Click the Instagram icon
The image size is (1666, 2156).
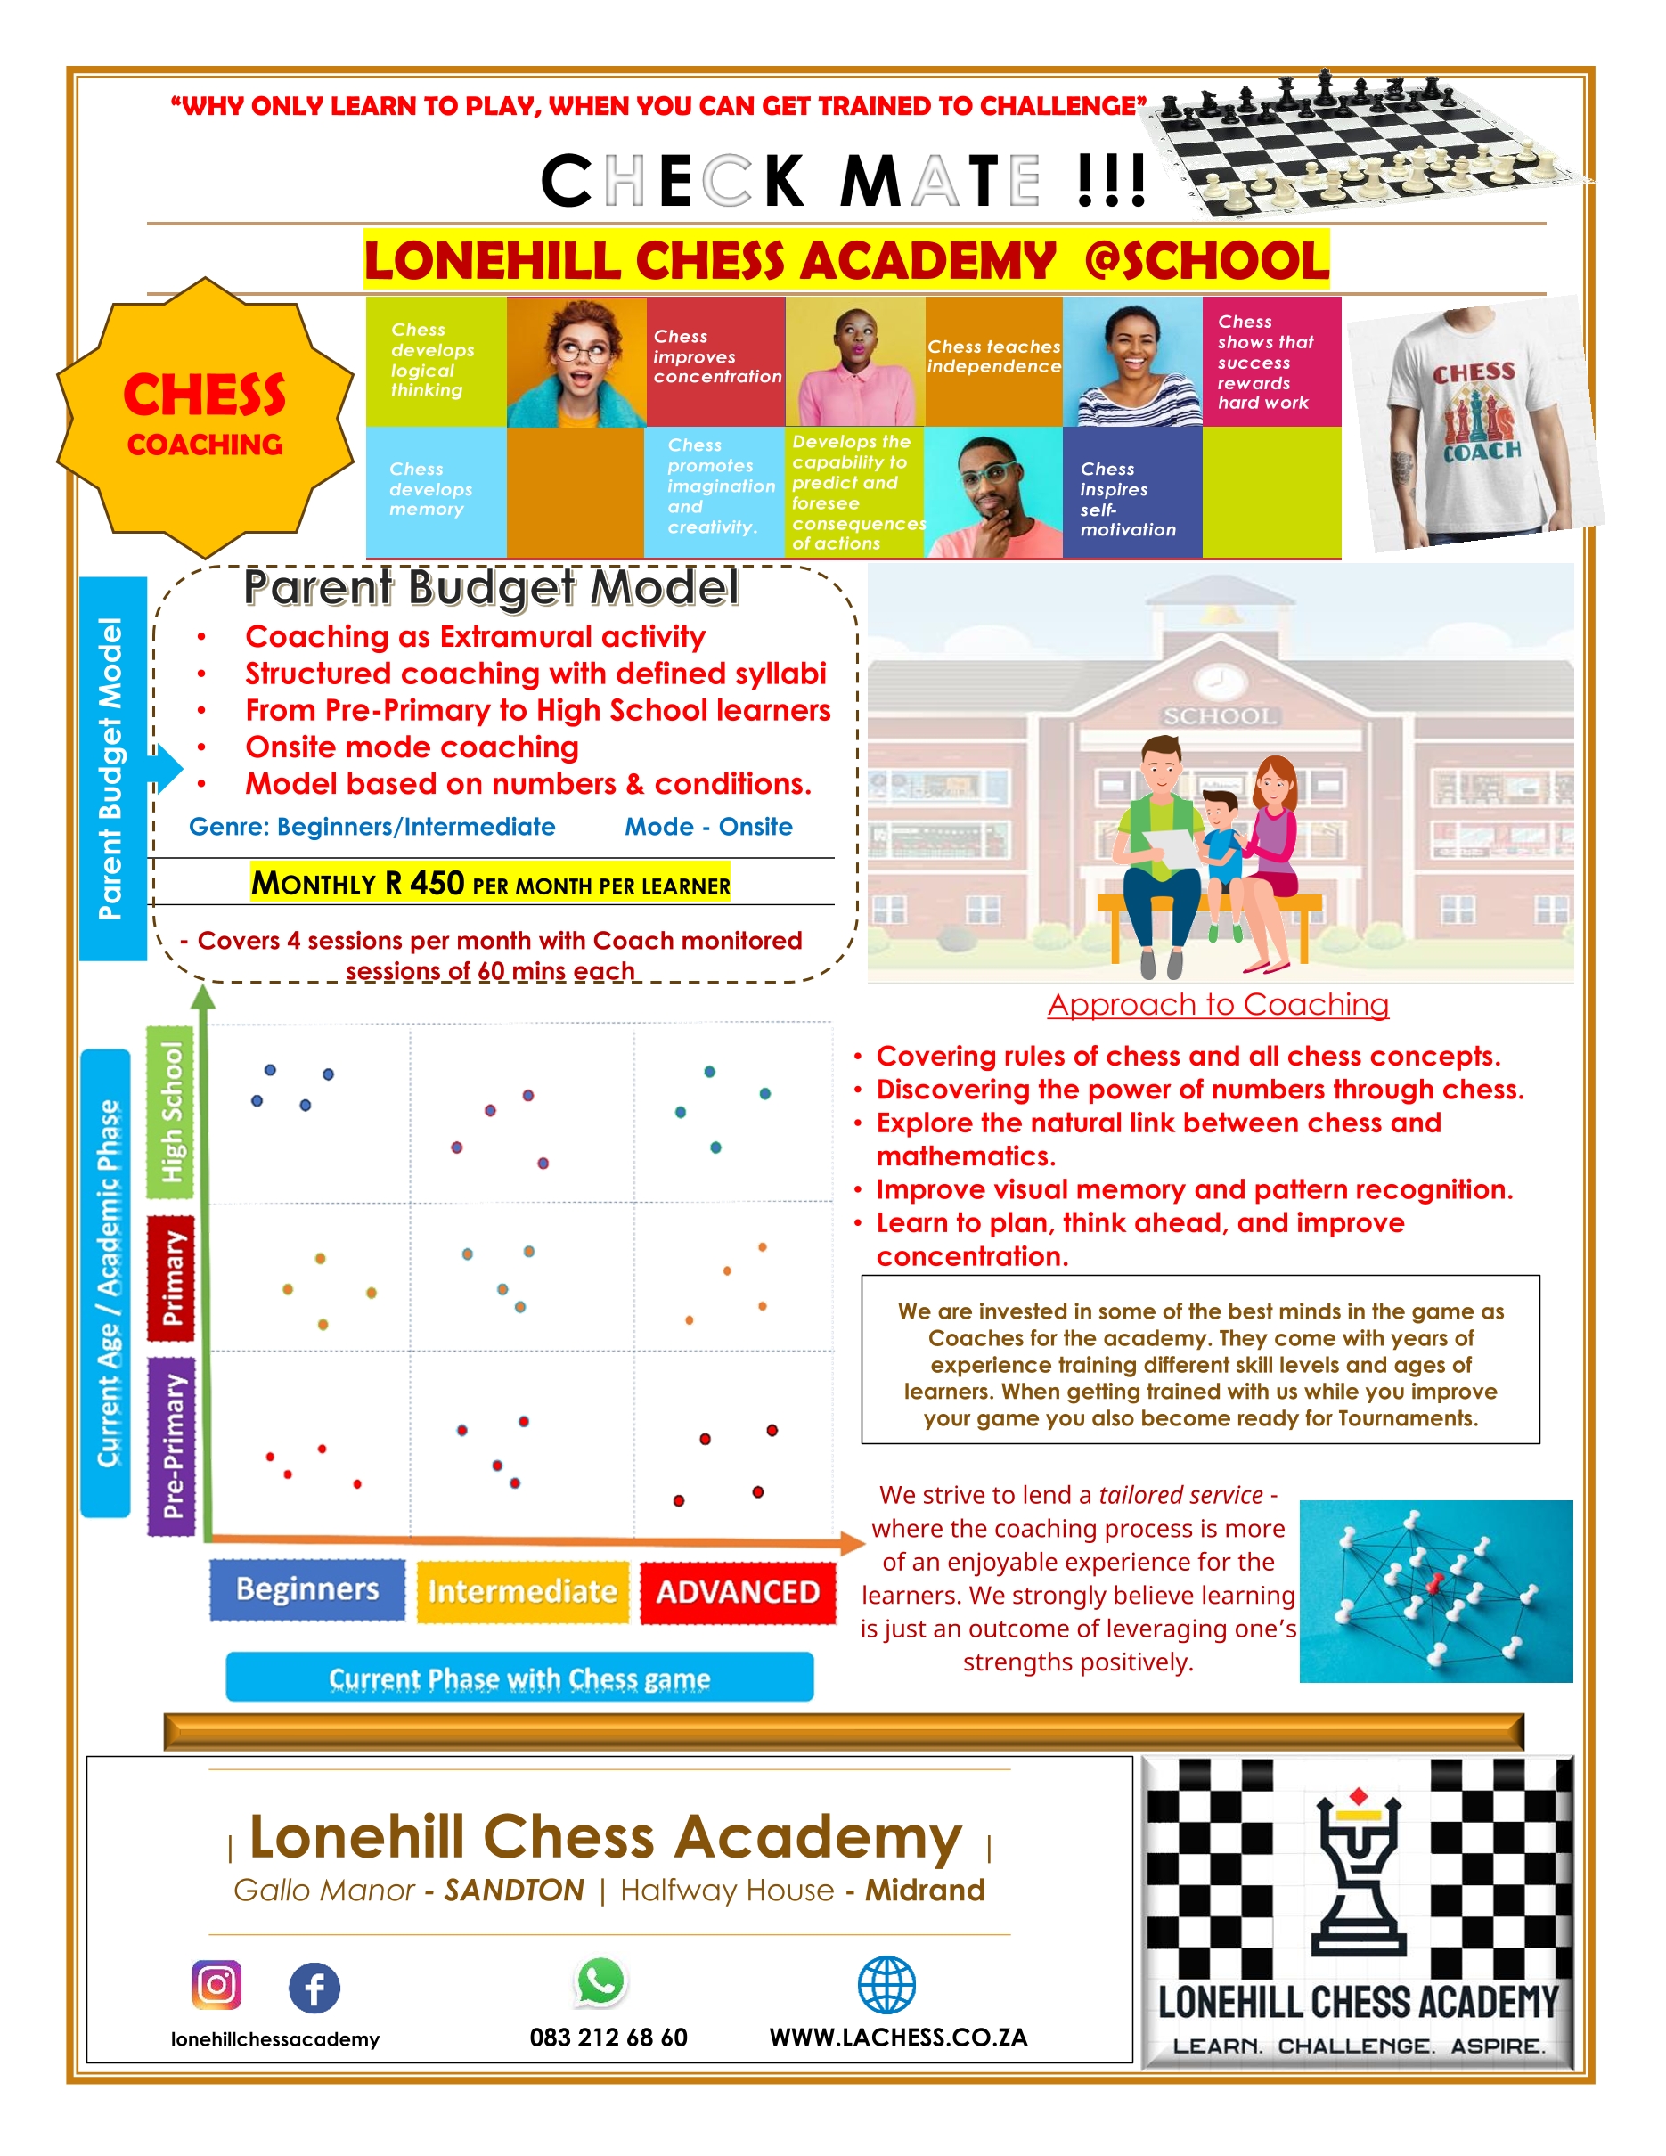click(x=216, y=1985)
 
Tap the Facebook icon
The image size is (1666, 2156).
click(x=314, y=1988)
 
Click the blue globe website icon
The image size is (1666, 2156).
click(x=886, y=1985)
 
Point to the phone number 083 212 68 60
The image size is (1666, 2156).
click(x=608, y=2038)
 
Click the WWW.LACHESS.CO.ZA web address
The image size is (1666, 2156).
click(x=898, y=2038)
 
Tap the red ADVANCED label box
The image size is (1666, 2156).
click(x=738, y=1592)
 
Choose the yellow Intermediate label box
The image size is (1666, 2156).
click(x=522, y=1591)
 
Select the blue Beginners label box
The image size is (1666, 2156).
click(x=307, y=1589)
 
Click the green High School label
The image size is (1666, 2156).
click(x=172, y=1112)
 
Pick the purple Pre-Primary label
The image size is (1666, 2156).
click(x=172, y=1446)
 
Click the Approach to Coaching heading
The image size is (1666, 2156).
click(x=1218, y=1005)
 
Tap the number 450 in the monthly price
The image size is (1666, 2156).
click(x=437, y=883)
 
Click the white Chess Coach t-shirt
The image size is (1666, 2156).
click(x=1474, y=424)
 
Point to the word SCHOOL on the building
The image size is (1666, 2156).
click(x=1219, y=715)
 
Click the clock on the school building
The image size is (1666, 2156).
click(x=1219, y=680)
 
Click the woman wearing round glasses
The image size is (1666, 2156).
click(x=576, y=362)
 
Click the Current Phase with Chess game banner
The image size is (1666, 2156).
click(x=519, y=1678)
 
